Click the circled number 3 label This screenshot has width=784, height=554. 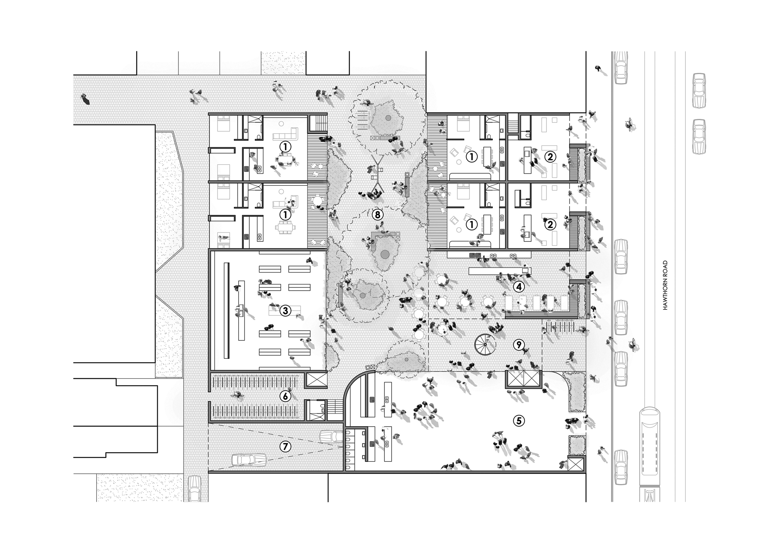pos(285,311)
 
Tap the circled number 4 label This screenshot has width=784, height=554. pos(519,287)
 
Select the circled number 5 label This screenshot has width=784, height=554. pos(519,421)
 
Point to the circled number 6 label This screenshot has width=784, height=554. pos(285,396)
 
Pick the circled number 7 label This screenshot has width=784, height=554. pos(285,446)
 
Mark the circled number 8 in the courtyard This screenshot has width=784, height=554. pos(377,215)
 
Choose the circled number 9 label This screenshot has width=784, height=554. pos(519,345)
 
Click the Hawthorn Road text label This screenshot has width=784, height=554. pos(665,285)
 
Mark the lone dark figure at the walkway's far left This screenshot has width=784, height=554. pos(85,99)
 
